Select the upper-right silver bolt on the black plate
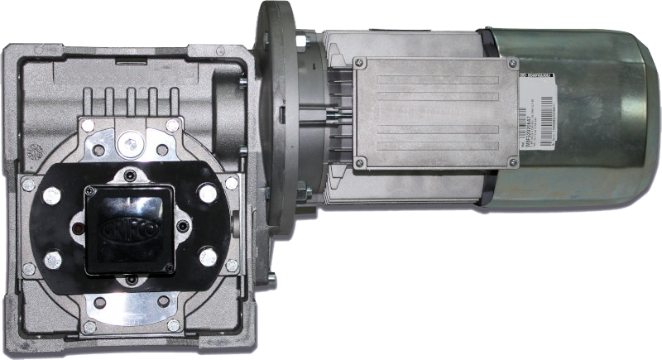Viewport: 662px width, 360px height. point(207,194)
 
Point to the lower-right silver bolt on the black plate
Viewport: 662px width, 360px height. point(208,257)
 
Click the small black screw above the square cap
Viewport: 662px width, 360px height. point(130,174)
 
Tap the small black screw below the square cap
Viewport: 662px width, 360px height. point(131,280)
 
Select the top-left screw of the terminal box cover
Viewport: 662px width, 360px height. point(361,62)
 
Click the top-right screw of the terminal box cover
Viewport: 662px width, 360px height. point(513,63)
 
